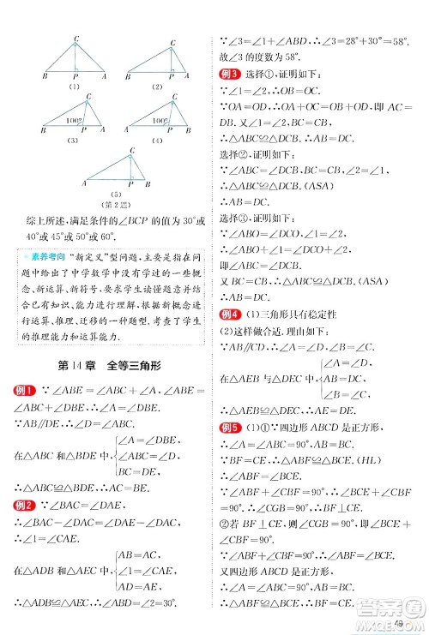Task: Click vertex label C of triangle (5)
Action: [130, 149]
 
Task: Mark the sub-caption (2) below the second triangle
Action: [156, 86]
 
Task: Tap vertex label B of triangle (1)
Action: [44, 75]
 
